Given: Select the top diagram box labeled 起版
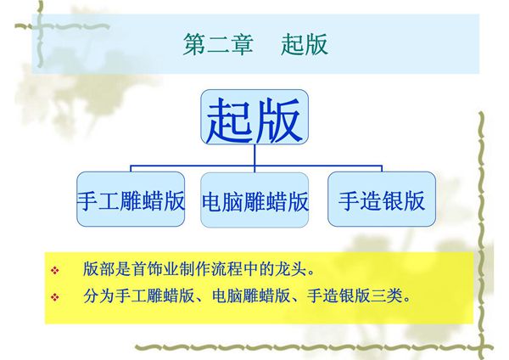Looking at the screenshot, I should click(x=255, y=119).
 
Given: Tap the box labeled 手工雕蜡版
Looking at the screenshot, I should click(x=131, y=201).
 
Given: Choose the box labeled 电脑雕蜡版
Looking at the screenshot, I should click(x=255, y=201).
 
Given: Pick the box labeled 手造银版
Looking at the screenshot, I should click(x=381, y=201).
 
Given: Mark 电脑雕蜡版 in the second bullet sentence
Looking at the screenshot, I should click(x=255, y=297).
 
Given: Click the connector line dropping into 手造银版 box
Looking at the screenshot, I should click(x=381, y=168).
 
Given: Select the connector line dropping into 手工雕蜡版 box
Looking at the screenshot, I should click(x=131, y=168).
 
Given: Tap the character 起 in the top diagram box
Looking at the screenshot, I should click(x=230, y=120).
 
